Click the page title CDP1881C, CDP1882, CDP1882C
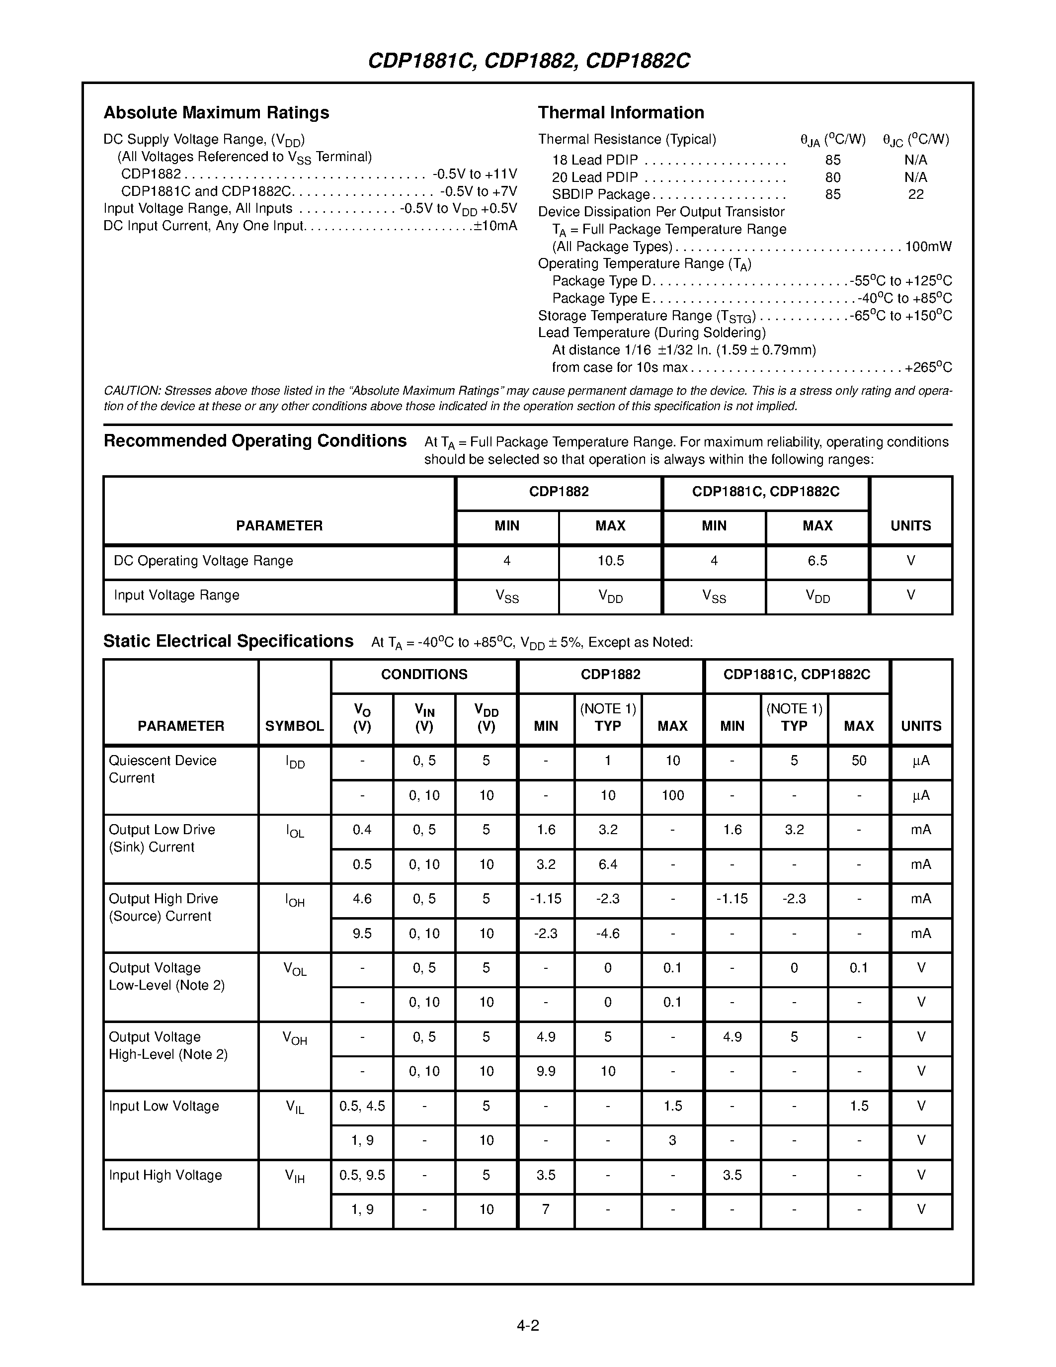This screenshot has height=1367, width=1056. click(x=529, y=61)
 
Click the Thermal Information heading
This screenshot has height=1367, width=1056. click(x=621, y=113)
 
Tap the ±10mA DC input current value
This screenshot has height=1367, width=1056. click(x=495, y=226)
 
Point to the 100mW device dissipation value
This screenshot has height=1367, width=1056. click(x=928, y=247)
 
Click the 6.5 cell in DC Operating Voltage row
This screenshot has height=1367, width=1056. click(x=817, y=561)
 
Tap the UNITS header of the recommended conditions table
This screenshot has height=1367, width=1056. click(x=910, y=526)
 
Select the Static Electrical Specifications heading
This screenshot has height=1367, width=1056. click(x=228, y=642)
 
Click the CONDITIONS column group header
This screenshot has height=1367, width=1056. click(x=424, y=675)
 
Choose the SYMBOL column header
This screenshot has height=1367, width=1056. click(x=294, y=726)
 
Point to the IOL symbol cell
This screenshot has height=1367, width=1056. click(x=295, y=831)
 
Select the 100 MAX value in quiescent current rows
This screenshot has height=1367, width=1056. click(x=672, y=795)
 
